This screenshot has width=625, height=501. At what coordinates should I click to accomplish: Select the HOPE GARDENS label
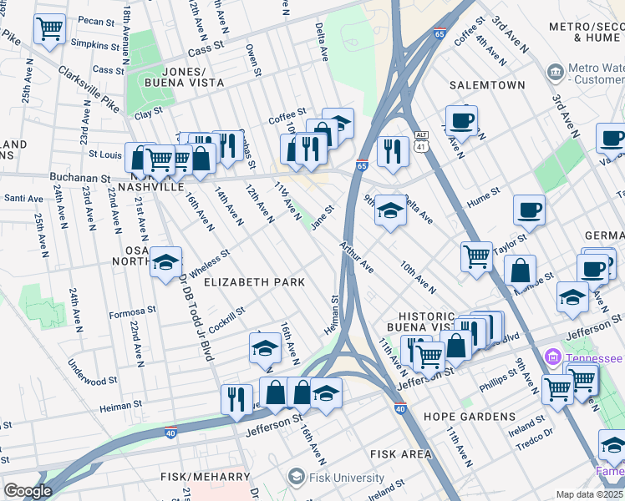click(469, 416)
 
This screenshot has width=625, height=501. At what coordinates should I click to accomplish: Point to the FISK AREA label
click(401, 454)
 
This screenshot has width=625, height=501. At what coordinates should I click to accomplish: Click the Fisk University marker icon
click(295, 477)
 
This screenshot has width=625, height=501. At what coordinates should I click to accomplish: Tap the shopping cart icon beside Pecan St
click(50, 29)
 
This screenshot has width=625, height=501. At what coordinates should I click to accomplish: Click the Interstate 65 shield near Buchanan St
click(362, 166)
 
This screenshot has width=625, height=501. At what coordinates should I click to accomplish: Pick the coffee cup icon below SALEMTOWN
click(460, 120)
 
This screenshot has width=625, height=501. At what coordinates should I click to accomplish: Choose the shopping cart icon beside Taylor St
click(476, 256)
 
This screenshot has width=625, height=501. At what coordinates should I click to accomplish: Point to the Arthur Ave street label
click(356, 256)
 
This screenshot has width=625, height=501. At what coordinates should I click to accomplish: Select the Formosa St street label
click(131, 313)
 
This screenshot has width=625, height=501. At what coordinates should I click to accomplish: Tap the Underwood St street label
click(92, 374)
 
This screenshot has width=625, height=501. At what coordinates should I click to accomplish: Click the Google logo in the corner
click(28, 491)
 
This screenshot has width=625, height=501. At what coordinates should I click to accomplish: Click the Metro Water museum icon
click(555, 73)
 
